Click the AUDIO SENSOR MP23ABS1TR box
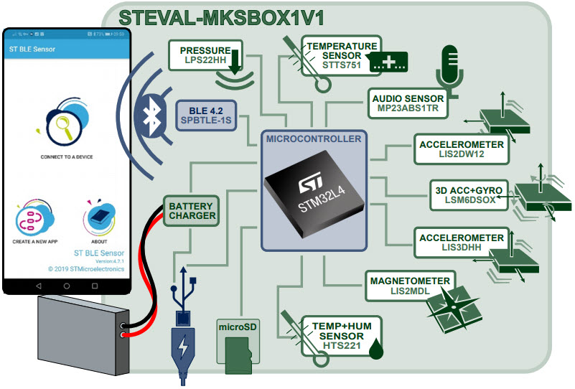click(407, 103)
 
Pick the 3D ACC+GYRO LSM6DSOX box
click(470, 195)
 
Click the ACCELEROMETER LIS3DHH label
click(462, 242)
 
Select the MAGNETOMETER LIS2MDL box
click(409, 285)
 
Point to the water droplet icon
click(375, 350)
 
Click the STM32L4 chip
click(312, 193)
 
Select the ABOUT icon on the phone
click(100, 219)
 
